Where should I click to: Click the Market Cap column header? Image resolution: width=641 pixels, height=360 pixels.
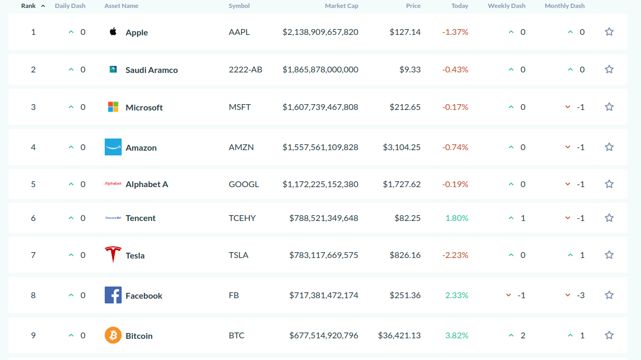click(x=341, y=6)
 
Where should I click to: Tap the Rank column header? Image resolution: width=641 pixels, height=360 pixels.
click(x=29, y=6)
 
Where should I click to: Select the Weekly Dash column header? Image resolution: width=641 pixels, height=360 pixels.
click(x=507, y=6)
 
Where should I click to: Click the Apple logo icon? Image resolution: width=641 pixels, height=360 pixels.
click(x=113, y=31)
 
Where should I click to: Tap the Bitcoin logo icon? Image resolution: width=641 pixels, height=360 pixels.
click(x=113, y=335)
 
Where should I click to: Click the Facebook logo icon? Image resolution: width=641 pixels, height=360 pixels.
click(x=113, y=295)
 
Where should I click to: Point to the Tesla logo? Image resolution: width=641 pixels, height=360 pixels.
click(x=113, y=254)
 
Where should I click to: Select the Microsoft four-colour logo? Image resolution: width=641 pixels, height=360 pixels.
click(x=113, y=107)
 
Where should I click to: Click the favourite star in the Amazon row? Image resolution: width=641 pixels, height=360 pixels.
click(x=609, y=147)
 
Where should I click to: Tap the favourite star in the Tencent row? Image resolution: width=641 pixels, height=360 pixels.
click(x=609, y=218)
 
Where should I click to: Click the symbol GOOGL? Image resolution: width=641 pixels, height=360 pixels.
click(x=243, y=184)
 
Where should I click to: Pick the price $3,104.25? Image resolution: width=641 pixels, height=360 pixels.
click(x=401, y=147)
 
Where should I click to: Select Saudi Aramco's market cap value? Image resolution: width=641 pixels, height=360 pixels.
click(x=320, y=69)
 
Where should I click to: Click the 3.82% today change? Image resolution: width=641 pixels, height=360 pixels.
click(x=457, y=335)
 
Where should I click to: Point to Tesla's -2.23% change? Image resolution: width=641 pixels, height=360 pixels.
click(x=455, y=255)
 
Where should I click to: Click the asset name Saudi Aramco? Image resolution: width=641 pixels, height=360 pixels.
click(x=152, y=70)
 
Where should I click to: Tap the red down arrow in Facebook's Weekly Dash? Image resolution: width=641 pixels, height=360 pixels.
click(x=508, y=295)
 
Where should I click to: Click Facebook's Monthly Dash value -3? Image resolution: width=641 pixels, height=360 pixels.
click(x=581, y=296)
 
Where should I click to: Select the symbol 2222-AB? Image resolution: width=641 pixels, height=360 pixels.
click(x=245, y=69)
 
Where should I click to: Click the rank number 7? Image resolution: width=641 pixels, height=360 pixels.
click(x=33, y=255)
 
